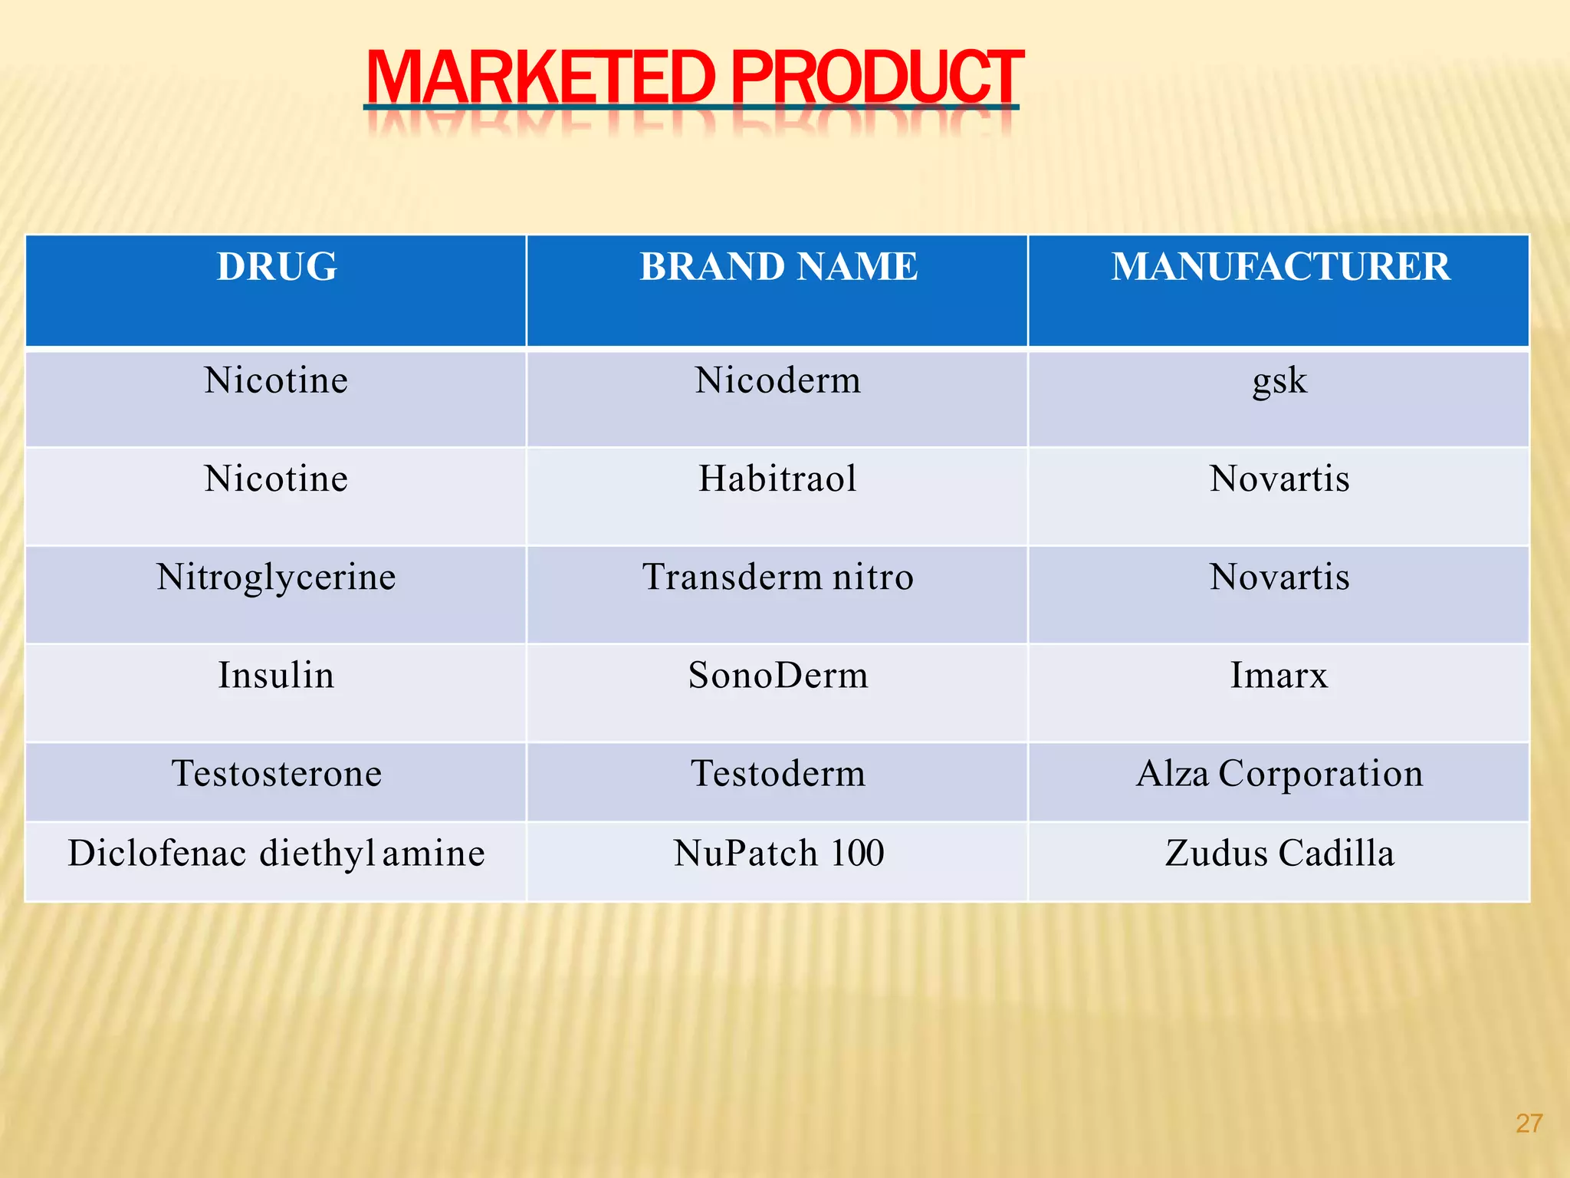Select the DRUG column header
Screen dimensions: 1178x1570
point(277,267)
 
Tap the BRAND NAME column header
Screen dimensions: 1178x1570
point(778,267)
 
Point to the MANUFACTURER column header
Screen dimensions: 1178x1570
point(1280,267)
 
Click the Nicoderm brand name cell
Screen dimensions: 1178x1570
point(778,380)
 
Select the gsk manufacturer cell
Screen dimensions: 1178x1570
point(1279,380)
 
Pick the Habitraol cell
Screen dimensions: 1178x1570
point(777,479)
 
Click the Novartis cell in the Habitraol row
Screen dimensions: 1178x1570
point(1279,479)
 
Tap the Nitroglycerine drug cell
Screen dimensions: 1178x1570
point(276,577)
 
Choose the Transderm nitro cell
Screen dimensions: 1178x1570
point(778,577)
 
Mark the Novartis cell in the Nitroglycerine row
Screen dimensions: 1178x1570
point(1279,577)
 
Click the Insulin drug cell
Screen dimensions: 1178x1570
point(276,675)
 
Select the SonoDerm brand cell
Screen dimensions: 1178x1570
point(778,675)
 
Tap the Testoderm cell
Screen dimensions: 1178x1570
point(778,773)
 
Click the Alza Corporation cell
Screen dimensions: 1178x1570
point(1279,773)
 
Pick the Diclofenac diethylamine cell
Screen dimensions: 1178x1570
point(276,853)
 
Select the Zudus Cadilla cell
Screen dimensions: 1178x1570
point(1279,853)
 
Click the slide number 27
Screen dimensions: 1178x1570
point(1529,1124)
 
